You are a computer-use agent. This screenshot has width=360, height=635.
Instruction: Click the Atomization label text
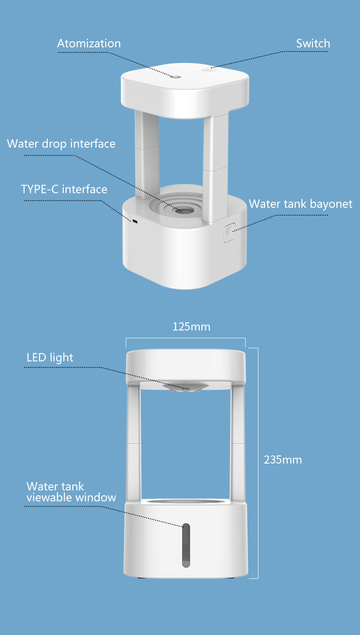89,43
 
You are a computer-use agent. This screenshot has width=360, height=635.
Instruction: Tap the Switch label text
313,43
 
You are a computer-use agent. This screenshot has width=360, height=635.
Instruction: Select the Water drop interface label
61,144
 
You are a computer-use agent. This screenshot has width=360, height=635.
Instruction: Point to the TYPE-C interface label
64,189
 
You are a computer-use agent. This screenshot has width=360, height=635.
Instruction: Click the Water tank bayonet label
300,204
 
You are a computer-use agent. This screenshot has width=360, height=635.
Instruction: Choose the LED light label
50,358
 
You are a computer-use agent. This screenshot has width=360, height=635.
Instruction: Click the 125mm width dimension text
191,326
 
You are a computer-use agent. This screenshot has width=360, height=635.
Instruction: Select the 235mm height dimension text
283,460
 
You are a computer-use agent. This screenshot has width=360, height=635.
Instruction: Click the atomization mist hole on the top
176,77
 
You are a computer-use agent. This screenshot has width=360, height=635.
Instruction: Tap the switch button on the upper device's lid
209,69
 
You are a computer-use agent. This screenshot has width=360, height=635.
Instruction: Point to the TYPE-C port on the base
134,221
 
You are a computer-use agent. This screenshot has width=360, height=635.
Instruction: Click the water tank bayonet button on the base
229,232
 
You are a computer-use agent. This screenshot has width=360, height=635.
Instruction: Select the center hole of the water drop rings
185,210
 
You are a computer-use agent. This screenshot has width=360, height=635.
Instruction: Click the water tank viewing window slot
186,545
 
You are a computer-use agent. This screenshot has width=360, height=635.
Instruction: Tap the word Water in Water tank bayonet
265,204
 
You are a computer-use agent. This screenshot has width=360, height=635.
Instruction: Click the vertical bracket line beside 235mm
257,463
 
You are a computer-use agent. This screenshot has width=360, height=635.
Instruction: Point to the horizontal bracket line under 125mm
185,338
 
